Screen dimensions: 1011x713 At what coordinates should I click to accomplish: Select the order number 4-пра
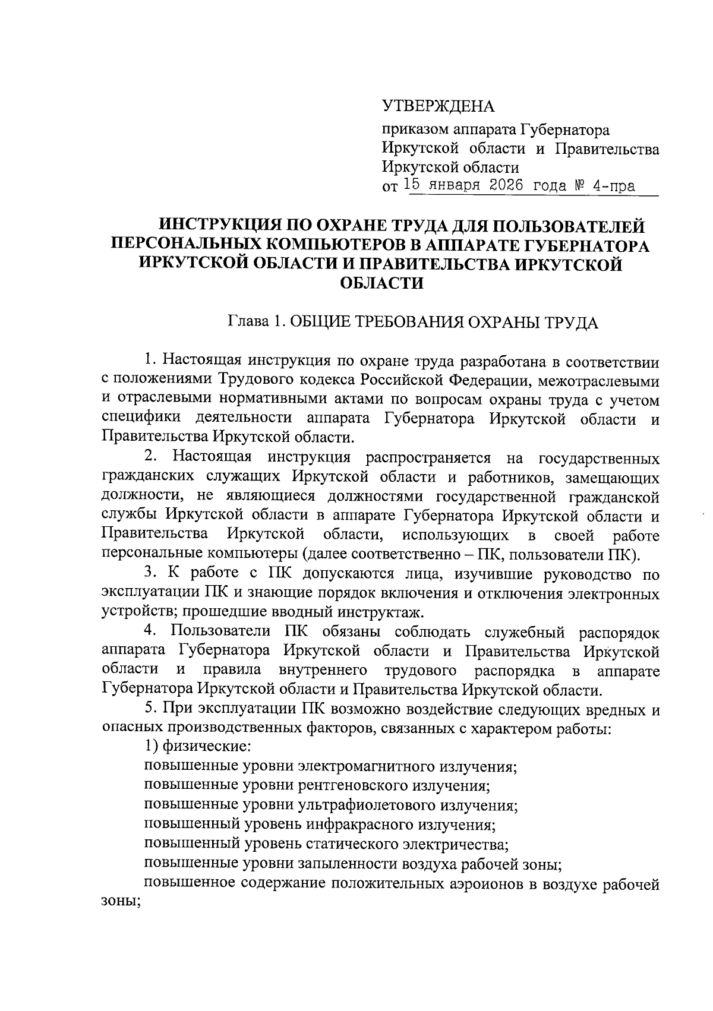coord(614,187)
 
